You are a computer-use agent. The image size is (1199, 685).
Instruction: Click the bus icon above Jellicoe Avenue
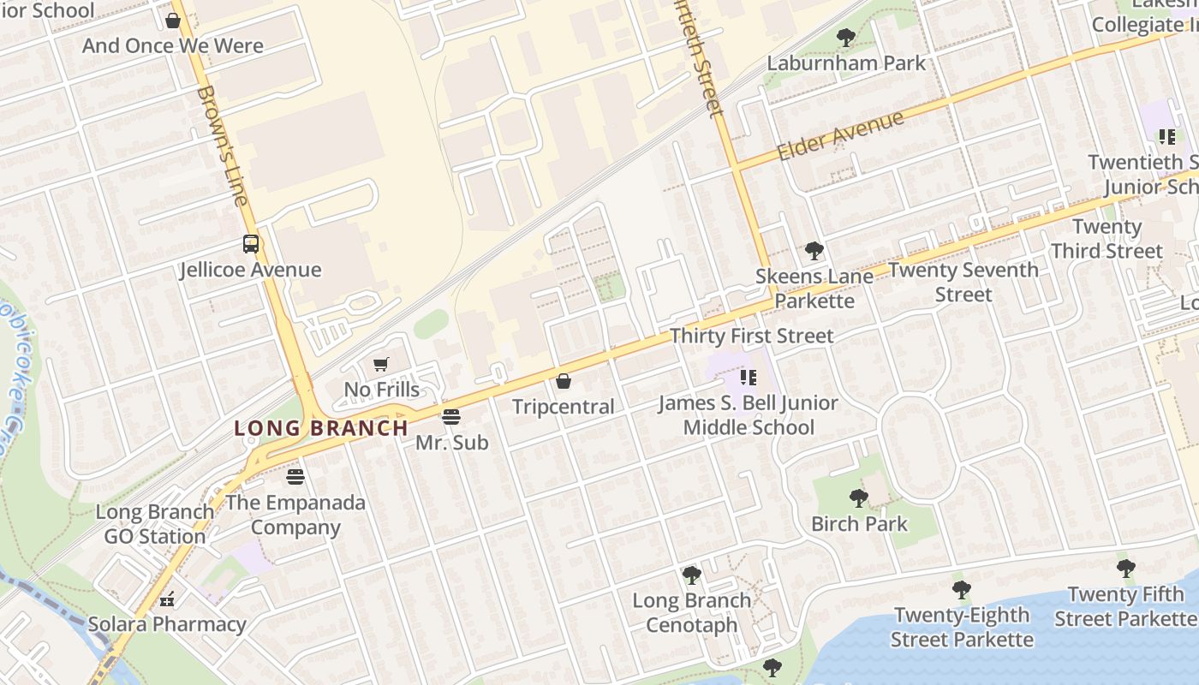tap(250, 244)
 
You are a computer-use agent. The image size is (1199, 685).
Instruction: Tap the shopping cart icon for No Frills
tap(381, 365)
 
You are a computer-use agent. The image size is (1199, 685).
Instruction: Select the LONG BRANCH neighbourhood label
tap(321, 428)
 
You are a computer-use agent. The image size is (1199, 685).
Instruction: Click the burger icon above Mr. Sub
tap(451, 417)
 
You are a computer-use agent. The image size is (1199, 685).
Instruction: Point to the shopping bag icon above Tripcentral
tap(564, 381)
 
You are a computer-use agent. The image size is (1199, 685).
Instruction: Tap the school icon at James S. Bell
tap(749, 377)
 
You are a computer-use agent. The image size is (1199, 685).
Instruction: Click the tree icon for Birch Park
tap(858, 498)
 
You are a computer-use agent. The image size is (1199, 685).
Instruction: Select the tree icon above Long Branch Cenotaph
tap(691, 575)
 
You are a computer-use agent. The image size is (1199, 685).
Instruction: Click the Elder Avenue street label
tap(840, 135)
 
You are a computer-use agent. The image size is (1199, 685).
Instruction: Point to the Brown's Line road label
tap(222, 146)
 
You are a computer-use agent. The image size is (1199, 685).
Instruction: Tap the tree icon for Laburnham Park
tap(845, 38)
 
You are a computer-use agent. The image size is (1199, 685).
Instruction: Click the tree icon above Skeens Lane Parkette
tap(814, 251)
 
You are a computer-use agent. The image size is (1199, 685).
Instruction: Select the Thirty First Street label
tap(751, 336)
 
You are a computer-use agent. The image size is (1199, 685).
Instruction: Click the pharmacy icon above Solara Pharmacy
tap(167, 599)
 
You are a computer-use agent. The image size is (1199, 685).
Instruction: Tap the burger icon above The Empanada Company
tap(295, 476)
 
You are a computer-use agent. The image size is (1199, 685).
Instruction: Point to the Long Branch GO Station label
tap(155, 524)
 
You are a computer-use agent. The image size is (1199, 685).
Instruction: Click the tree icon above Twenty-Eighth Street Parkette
tap(961, 589)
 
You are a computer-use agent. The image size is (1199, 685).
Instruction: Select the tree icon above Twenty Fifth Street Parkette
tap(1125, 569)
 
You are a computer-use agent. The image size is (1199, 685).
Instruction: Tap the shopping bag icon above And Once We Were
tap(173, 20)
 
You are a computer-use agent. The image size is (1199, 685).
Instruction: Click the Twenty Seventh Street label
tap(963, 282)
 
